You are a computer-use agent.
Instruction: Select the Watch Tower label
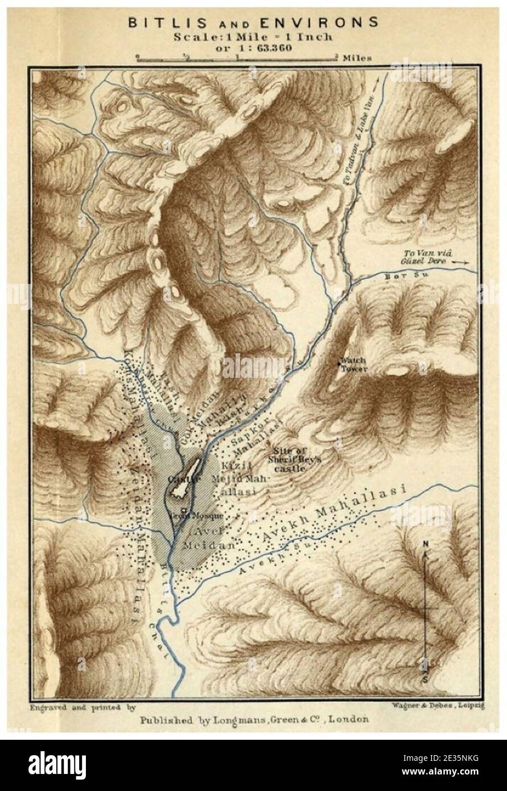(x=353, y=364)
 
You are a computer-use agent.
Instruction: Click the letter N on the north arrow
(x=425, y=544)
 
